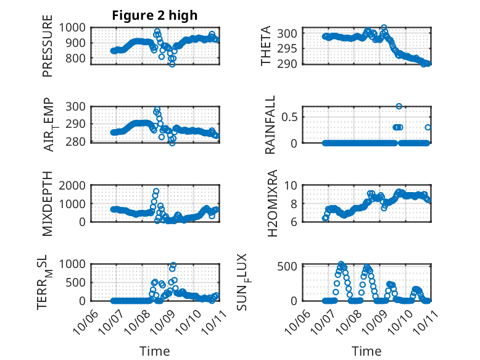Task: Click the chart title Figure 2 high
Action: [154, 15]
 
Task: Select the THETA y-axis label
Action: [266, 46]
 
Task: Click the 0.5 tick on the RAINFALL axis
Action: [293, 116]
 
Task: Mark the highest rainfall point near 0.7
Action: [399, 106]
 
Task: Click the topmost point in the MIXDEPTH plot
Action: [156, 191]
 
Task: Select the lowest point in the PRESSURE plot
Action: [172, 64]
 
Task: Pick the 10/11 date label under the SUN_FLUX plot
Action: [423, 322]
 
